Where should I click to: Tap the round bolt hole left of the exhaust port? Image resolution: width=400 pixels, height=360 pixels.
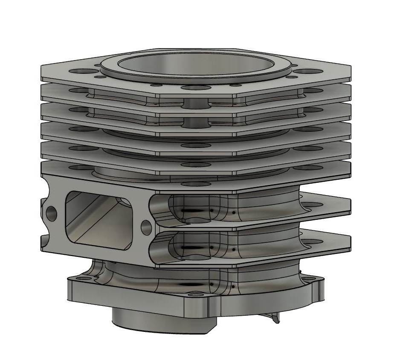coord(52,212)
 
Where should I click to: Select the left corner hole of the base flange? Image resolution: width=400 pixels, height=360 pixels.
coord(81,279)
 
